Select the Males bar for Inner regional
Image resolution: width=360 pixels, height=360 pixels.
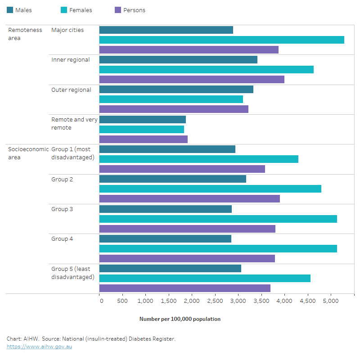[178, 59]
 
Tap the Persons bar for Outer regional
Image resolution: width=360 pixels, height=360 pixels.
[174, 109]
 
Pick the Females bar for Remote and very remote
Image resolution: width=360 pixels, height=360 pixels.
[142, 129]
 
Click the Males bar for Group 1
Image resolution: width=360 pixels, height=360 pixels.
[167, 149]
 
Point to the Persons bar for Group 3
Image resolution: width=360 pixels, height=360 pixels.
[187, 229]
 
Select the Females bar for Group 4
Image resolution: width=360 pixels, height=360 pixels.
[218, 248]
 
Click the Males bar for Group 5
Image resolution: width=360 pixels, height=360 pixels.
[170, 268]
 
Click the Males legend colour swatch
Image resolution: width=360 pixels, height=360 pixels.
[10, 10]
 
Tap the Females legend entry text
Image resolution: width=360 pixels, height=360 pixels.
[81, 10]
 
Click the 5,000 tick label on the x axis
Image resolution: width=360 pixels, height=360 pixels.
[331, 301]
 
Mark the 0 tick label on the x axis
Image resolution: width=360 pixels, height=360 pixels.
[101, 301]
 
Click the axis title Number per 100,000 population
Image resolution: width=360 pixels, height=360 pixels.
[180, 319]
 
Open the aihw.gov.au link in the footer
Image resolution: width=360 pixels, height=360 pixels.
[39, 346]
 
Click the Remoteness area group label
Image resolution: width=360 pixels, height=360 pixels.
[25, 34]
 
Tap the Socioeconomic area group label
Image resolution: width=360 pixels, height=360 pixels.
[28, 153]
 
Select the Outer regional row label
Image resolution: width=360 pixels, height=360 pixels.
[71, 90]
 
